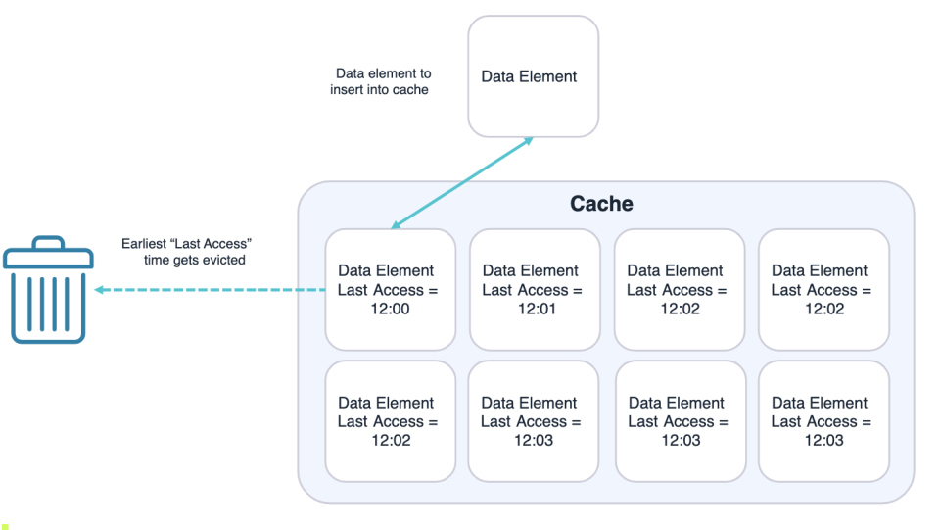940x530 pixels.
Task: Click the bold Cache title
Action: coord(601,204)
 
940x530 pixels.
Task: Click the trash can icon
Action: coord(48,290)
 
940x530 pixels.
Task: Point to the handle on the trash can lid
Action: coord(48,242)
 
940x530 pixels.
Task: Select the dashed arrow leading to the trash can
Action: coord(211,290)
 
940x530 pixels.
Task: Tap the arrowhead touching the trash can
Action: coord(100,290)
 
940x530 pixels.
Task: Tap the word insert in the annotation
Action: coord(348,90)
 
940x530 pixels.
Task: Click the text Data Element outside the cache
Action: coord(529,76)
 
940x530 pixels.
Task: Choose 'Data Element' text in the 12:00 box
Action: coord(386,270)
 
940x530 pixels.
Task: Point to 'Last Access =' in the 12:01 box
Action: coord(531,290)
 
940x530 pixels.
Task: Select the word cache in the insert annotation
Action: coord(410,90)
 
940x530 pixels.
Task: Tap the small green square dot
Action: coord(5,526)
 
